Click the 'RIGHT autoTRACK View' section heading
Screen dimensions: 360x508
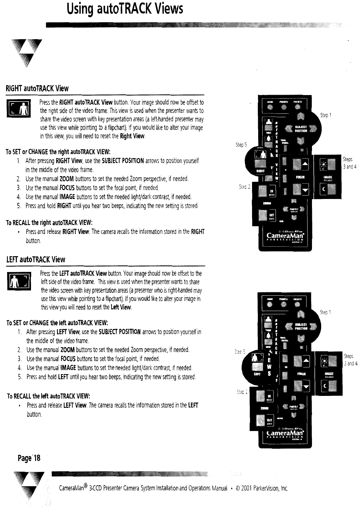tap(37, 89)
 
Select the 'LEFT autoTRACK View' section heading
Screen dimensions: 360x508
tap(36, 259)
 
